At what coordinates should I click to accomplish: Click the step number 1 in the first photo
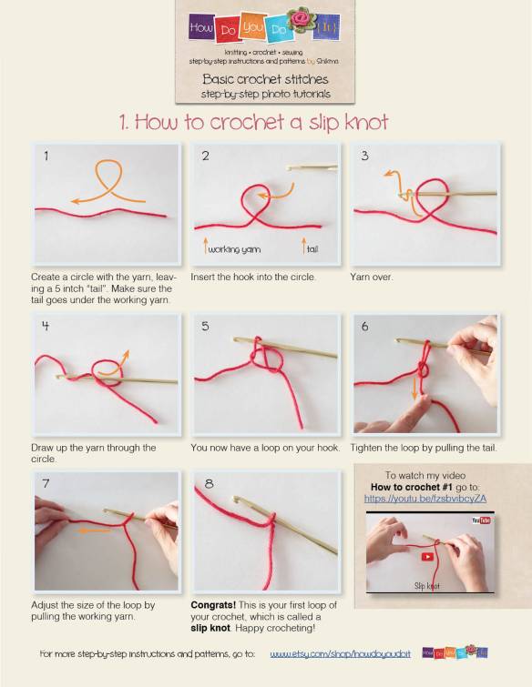point(46,157)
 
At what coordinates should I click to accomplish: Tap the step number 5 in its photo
point(206,326)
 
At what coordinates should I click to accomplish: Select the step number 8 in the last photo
point(209,484)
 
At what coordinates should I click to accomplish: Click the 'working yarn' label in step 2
point(231,248)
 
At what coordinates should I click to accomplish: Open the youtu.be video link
point(425,499)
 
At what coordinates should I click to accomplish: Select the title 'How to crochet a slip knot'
point(254,121)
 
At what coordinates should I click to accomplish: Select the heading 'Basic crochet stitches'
point(265,79)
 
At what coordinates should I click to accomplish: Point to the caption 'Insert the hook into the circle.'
point(252,277)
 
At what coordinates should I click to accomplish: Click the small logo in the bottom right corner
point(455,652)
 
